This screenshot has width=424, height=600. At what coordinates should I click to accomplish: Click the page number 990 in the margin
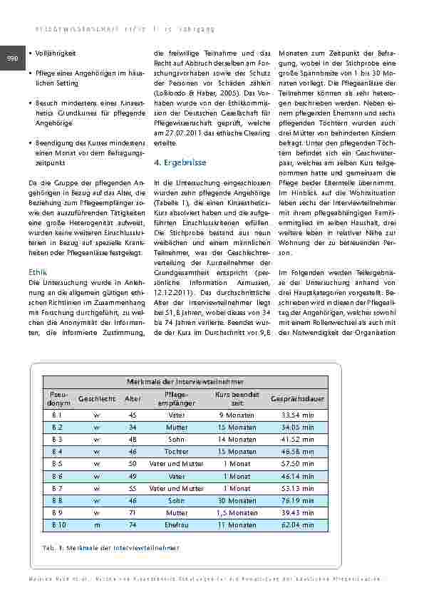click(12, 58)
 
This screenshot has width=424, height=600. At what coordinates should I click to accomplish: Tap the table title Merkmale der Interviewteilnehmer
click(184, 382)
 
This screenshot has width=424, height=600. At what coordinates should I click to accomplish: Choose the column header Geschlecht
click(96, 399)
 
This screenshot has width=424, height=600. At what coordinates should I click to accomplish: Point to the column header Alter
click(133, 399)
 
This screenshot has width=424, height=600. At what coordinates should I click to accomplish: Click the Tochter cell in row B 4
click(177, 452)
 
